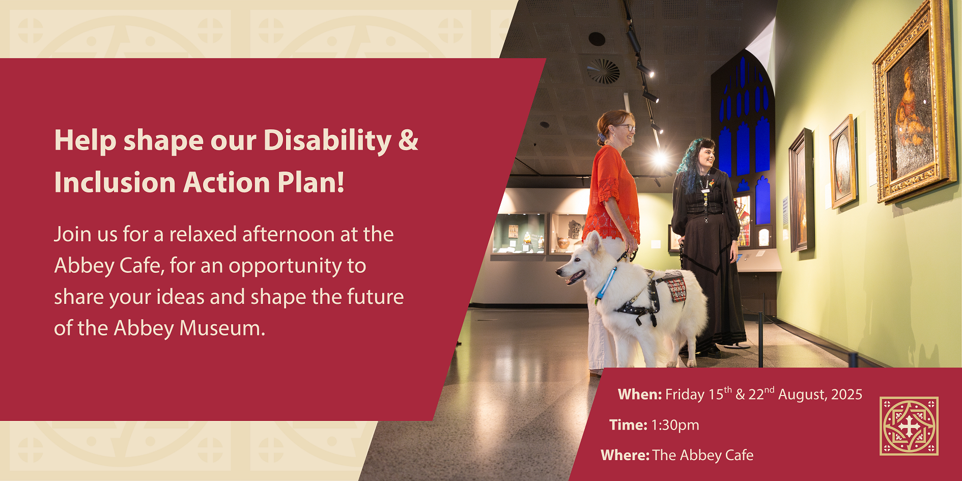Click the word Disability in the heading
coord(328,140)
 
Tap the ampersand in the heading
coord(408,140)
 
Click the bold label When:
coord(640,394)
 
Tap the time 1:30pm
coord(675,426)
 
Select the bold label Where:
coord(625,455)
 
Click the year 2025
coord(847,394)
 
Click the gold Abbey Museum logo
coord(909,426)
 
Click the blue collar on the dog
coord(606,283)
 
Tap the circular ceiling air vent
coord(603,71)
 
